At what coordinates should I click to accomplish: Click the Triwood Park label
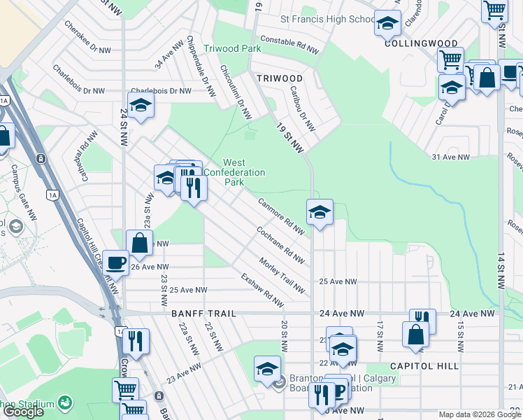(232, 48)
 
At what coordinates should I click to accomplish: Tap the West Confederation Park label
(243, 172)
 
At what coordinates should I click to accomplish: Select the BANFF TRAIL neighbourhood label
(201, 314)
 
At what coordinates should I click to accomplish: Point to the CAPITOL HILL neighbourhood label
(424, 366)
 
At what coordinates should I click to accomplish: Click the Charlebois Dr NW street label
(161, 91)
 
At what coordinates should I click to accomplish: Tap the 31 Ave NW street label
(450, 157)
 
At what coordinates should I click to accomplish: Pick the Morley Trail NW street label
(282, 276)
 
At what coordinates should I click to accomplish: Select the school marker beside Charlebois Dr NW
(141, 105)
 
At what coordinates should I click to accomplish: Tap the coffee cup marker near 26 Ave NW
(115, 262)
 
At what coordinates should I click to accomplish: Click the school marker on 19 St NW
(320, 211)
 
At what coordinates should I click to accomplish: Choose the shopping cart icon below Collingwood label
(450, 59)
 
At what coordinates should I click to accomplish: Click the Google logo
(23, 412)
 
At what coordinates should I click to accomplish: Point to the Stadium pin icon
(65, 403)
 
